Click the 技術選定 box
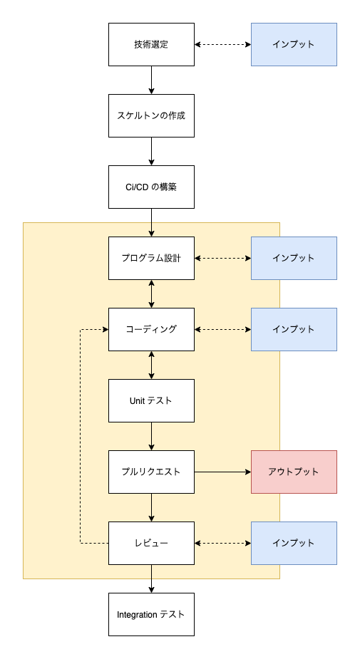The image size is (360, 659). coord(151,44)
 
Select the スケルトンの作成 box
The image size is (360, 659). coord(151,115)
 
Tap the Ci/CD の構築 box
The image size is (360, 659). coord(151,187)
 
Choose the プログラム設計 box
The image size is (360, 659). coord(151,258)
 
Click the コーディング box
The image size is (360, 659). coord(151,329)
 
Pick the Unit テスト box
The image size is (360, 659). coord(151,400)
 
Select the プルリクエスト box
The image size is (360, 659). coord(151,472)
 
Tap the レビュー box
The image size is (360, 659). coord(151,543)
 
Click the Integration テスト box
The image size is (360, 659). coord(151,614)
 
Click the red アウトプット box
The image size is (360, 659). coord(294,472)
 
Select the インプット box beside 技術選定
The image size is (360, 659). coord(294,44)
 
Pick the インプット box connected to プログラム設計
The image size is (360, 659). coord(294,258)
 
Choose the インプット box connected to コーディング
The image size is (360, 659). coord(294,329)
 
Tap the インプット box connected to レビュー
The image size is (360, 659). coord(294,543)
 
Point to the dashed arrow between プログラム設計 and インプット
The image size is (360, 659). coord(222,258)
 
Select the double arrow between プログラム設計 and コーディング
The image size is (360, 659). coord(151,294)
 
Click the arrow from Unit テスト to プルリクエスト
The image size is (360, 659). coord(151,436)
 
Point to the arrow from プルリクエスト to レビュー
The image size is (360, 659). coord(151,507)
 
